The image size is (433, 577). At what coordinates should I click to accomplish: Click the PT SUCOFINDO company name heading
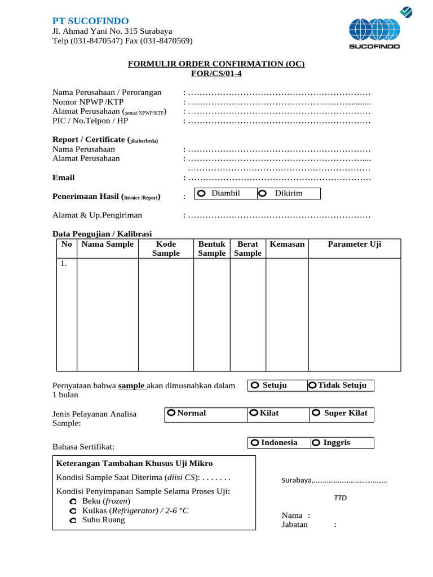click(x=90, y=21)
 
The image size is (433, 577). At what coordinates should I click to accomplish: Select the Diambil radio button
click(x=201, y=194)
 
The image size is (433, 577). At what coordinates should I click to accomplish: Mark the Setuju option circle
click(x=255, y=385)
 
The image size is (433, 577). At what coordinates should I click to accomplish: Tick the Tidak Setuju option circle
click(x=313, y=385)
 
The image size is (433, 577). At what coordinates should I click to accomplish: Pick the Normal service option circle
click(x=171, y=414)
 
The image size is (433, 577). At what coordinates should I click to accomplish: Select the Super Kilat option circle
click(x=316, y=414)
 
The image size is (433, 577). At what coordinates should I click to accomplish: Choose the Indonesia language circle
click(x=255, y=443)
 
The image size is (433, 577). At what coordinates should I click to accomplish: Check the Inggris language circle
click(x=316, y=443)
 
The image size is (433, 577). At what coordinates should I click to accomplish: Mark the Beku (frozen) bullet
click(x=73, y=501)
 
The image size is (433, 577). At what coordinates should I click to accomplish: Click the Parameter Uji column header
click(x=355, y=244)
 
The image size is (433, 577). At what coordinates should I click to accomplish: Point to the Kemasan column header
click(x=287, y=244)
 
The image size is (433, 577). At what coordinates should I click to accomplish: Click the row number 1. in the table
click(x=64, y=263)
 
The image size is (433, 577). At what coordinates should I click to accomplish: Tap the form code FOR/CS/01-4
click(x=216, y=74)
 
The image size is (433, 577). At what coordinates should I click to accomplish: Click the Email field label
click(x=63, y=177)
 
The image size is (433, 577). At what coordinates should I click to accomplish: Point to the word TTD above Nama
click(x=341, y=498)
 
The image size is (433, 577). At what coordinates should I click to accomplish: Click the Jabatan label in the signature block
click(x=294, y=525)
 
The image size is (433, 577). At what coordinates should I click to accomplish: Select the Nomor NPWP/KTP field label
click(x=88, y=102)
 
